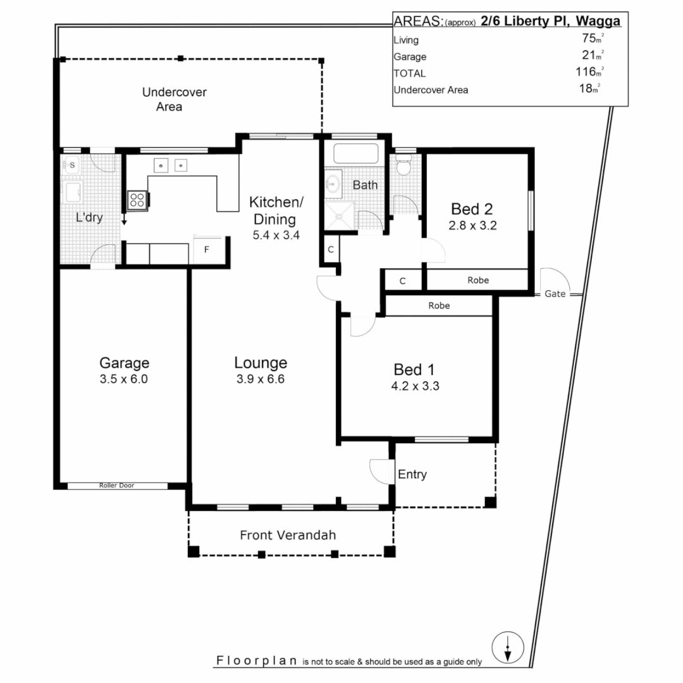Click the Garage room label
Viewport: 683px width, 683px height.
pos(124,363)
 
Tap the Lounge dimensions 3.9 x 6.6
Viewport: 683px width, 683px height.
pos(261,379)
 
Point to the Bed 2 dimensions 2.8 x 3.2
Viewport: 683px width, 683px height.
pos(472,225)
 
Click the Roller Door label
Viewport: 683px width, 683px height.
pos(117,486)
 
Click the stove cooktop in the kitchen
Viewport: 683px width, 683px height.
pos(137,200)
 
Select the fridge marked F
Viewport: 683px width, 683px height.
pos(206,249)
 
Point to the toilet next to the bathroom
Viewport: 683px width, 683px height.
pos(403,167)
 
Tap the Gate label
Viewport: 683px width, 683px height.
pos(555,295)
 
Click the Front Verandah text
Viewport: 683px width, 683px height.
pos(288,535)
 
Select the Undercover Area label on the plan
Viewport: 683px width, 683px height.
pos(174,99)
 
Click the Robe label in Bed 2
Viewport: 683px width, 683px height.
pos(478,280)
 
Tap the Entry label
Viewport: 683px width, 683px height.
pos(412,474)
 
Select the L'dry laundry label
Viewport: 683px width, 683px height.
pos(89,218)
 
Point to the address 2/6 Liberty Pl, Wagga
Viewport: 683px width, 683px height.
pos(550,22)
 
